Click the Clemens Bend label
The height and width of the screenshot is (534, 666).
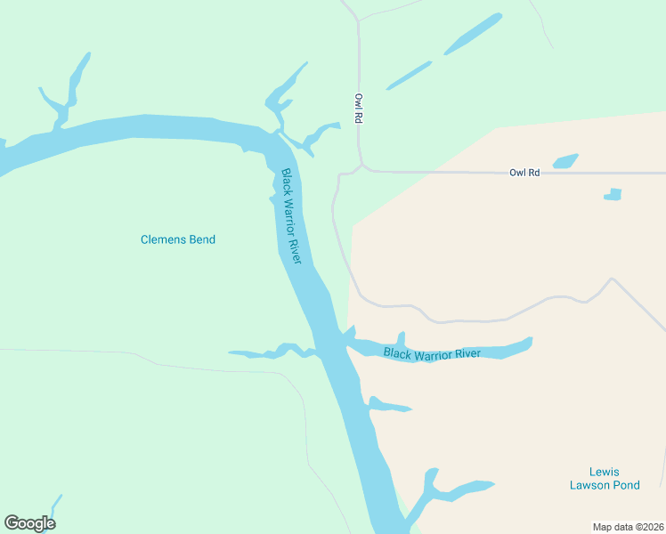click(x=178, y=239)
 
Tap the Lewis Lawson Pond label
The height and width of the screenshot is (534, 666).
click(x=604, y=479)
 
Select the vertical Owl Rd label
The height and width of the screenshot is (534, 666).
click(x=359, y=109)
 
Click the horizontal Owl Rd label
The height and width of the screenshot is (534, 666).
click(x=524, y=173)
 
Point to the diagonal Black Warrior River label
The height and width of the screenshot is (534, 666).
click(x=292, y=216)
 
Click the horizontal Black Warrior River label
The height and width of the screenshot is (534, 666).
click(x=432, y=353)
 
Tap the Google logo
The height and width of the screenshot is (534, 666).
click(x=29, y=523)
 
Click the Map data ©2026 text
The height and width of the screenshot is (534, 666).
click(x=628, y=527)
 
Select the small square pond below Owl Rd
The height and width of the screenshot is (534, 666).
click(x=613, y=194)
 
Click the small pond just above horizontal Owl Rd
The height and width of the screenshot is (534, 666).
click(x=565, y=161)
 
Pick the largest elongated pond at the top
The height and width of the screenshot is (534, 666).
click(x=473, y=34)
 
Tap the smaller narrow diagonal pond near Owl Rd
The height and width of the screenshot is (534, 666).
click(x=409, y=76)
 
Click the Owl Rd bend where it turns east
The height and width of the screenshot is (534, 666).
click(x=361, y=166)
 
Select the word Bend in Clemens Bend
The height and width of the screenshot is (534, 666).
click(x=200, y=239)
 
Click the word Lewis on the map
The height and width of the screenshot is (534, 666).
click(x=604, y=472)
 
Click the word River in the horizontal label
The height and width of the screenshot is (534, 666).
click(x=466, y=353)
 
